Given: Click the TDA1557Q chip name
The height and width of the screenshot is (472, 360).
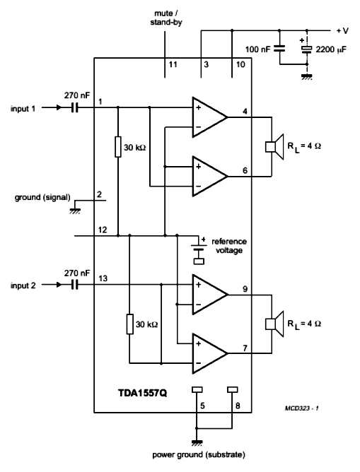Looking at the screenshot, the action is pyautogui.click(x=142, y=393).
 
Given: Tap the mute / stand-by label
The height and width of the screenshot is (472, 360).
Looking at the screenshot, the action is pyautogui.click(x=166, y=18).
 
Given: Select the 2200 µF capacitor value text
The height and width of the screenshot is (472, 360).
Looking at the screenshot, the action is pyautogui.click(x=331, y=49).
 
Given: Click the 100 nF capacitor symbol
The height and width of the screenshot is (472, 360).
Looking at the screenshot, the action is pyautogui.click(x=279, y=49).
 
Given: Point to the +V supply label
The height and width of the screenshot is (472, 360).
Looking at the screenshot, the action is pyautogui.click(x=342, y=30).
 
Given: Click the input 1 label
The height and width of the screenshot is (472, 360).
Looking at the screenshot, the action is pyautogui.click(x=23, y=108).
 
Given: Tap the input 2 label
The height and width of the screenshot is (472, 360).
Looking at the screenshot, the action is pyautogui.click(x=23, y=285).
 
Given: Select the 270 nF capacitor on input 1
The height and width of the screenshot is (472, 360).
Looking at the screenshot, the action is pyautogui.click(x=75, y=107).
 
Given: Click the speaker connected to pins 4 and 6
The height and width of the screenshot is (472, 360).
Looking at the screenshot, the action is pyautogui.click(x=274, y=146).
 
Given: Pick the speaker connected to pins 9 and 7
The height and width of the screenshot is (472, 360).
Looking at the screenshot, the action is pyautogui.click(x=274, y=324).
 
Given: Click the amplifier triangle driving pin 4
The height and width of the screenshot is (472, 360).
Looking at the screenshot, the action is pyautogui.click(x=209, y=117).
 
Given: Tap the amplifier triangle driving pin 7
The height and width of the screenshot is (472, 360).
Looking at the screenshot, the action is pyautogui.click(x=209, y=353).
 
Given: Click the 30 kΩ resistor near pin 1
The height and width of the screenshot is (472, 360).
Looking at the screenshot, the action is pyautogui.click(x=118, y=147).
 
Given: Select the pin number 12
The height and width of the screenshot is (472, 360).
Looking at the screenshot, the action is pyautogui.click(x=103, y=230).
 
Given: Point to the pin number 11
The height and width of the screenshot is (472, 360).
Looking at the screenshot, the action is pyautogui.click(x=173, y=64).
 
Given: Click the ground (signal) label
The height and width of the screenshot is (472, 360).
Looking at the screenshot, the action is pyautogui.click(x=42, y=197).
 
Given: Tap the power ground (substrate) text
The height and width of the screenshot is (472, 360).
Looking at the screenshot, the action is pyautogui.click(x=199, y=454).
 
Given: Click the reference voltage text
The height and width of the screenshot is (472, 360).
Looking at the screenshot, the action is pyautogui.click(x=229, y=246).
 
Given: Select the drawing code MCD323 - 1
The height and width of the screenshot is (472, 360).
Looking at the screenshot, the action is pyautogui.click(x=302, y=408).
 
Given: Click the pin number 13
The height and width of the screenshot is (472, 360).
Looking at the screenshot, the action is pyautogui.click(x=103, y=278).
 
